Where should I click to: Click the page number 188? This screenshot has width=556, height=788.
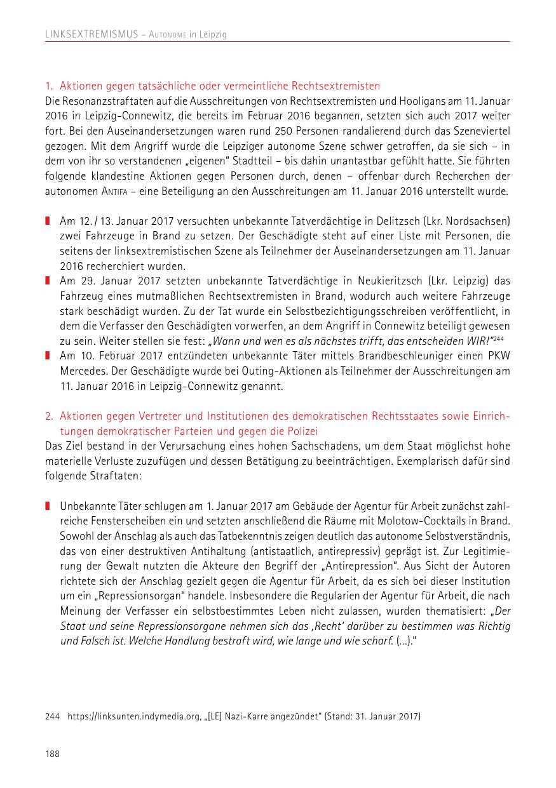click(x=52, y=753)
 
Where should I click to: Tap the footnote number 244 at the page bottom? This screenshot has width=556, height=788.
click(x=52, y=717)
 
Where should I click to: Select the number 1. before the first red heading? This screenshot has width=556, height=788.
click(x=49, y=86)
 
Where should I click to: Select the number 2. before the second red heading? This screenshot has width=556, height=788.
click(x=49, y=417)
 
